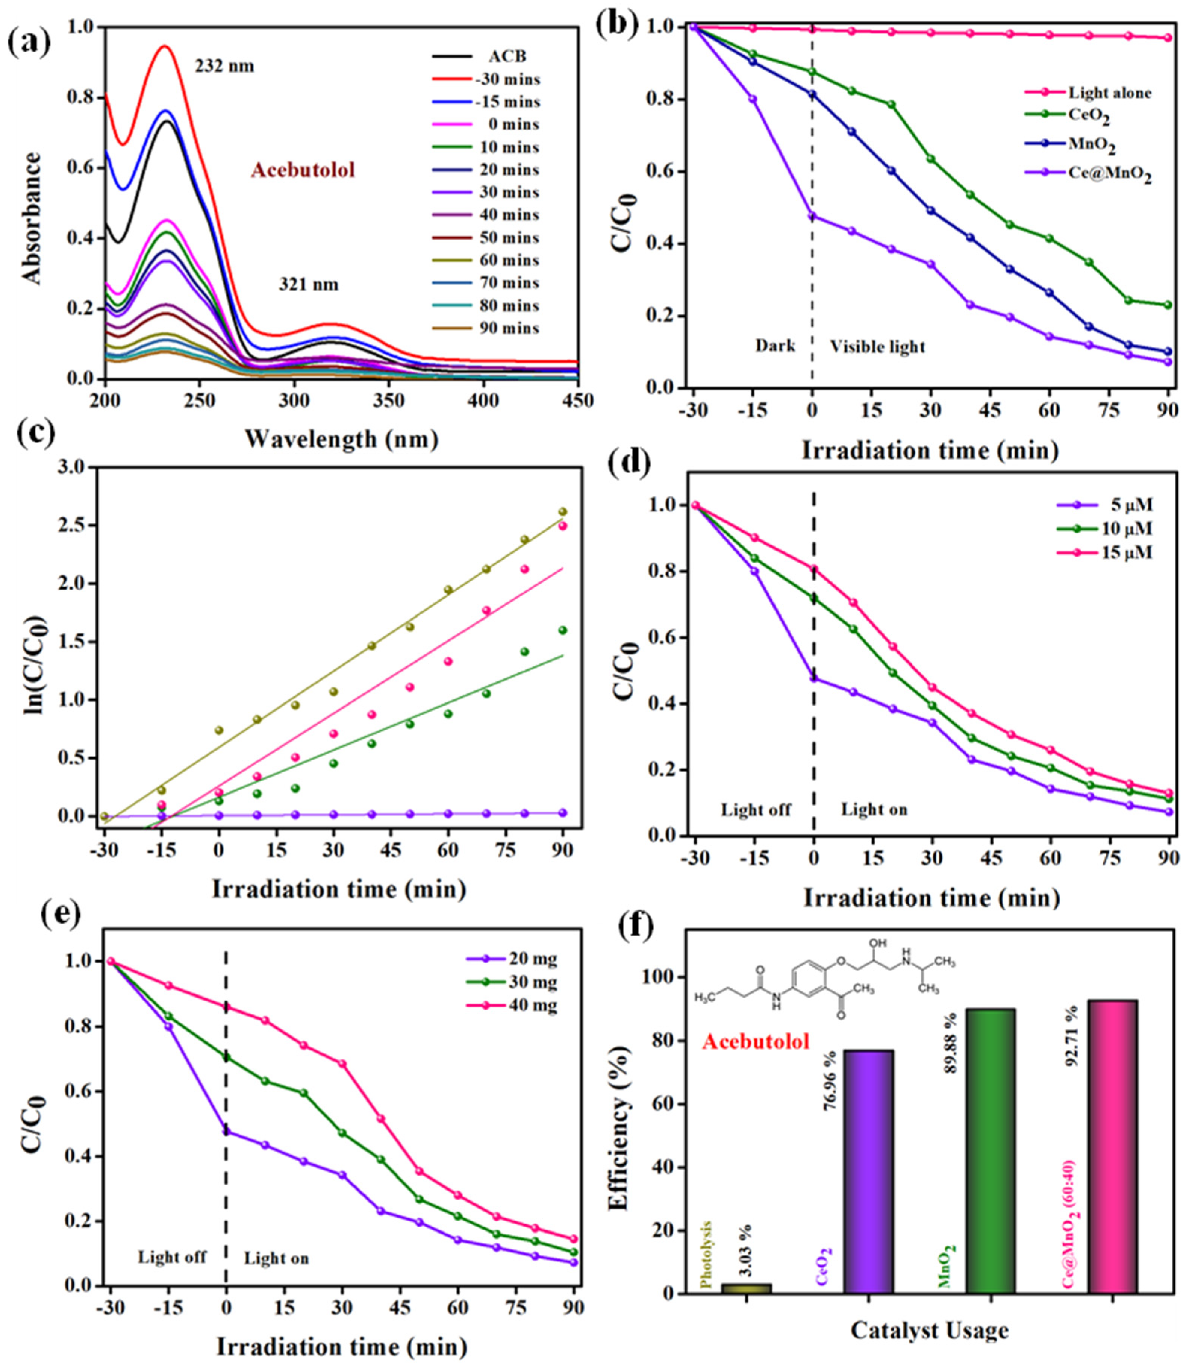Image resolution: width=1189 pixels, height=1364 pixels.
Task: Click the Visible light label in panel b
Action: tap(877, 346)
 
